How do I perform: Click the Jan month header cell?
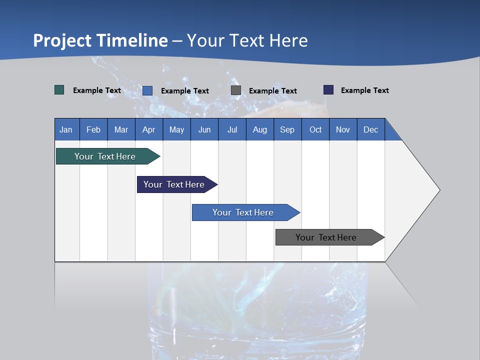(66, 129)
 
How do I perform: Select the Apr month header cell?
(148, 129)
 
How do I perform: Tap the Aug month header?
(259, 129)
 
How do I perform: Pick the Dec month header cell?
(370, 129)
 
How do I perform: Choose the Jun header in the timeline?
(204, 129)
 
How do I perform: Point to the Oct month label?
(315, 129)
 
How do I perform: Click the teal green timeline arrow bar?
(105, 156)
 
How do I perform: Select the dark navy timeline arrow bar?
(174, 184)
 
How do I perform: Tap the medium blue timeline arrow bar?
(243, 212)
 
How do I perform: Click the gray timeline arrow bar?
(326, 237)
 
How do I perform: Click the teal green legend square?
(59, 90)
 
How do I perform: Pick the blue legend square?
(147, 90)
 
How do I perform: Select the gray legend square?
(236, 90)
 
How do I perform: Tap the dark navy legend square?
(328, 90)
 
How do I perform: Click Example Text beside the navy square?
(364, 90)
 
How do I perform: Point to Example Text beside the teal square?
(97, 90)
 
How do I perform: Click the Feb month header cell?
(93, 129)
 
